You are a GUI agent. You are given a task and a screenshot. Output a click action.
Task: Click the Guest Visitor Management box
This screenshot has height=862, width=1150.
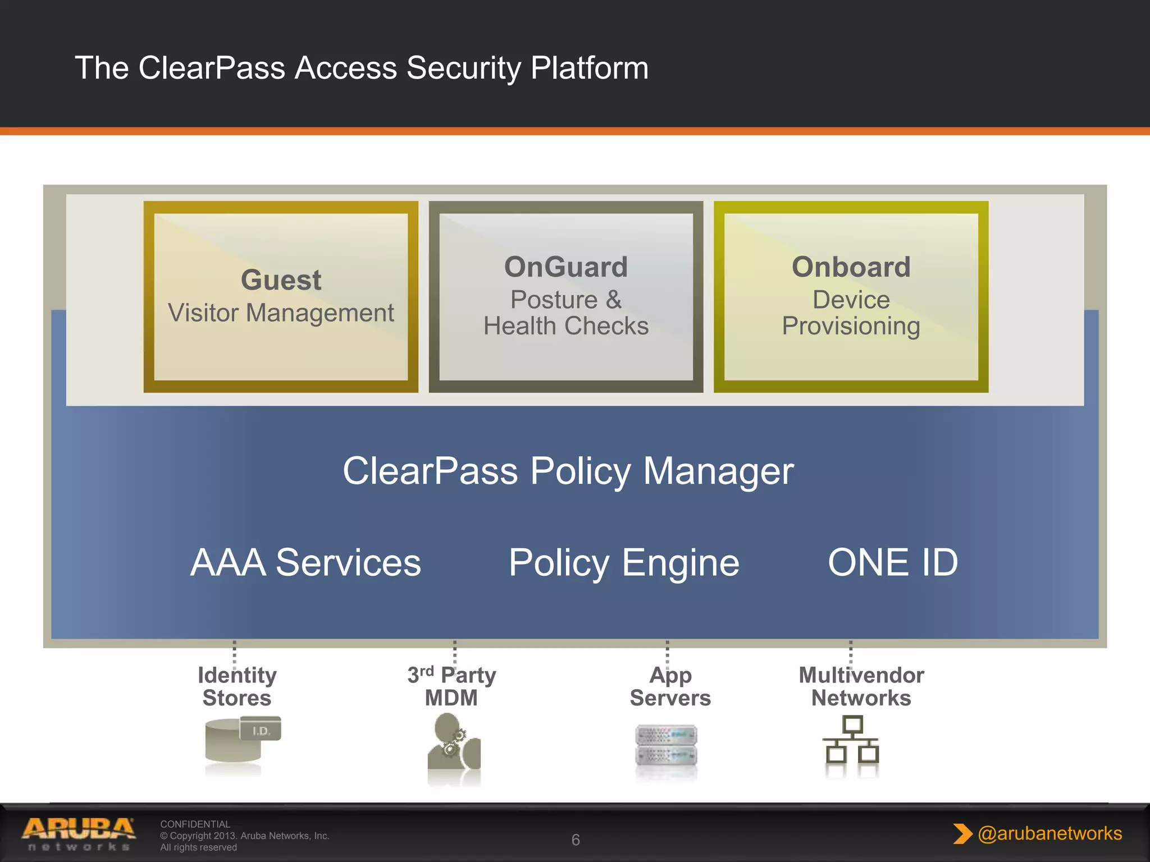coord(281,296)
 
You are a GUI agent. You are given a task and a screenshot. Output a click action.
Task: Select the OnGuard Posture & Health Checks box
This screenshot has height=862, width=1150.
coord(566,296)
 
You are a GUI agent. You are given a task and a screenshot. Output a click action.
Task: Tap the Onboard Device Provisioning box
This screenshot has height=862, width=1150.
coord(851,296)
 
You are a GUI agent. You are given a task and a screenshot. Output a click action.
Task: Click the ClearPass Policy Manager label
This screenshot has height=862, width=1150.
coord(568,471)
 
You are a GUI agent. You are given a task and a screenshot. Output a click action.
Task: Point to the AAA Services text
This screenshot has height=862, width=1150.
coord(305,562)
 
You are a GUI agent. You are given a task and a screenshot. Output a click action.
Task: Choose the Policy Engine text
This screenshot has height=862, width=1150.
coord(624,562)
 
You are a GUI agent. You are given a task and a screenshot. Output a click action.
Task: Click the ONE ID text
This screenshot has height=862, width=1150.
coord(893,562)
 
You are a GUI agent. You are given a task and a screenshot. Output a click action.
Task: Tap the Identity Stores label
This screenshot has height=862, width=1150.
coord(237,686)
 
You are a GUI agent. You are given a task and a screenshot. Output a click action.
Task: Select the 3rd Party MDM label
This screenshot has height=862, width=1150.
coord(452,686)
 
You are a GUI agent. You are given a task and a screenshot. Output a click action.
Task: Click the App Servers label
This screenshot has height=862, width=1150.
coord(670,686)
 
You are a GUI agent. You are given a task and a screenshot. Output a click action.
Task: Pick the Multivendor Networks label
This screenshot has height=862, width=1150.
coord(861,686)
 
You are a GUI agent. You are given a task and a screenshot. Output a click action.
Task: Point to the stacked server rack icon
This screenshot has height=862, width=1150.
coord(667,745)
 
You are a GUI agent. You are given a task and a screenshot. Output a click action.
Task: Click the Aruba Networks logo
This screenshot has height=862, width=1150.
coord(79,834)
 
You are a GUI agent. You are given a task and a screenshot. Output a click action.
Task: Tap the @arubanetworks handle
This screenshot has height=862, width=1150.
coord(1049,833)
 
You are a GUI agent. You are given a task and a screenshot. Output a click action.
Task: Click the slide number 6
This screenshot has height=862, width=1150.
coord(576,840)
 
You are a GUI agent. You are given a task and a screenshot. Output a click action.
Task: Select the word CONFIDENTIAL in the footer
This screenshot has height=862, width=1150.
coord(195,824)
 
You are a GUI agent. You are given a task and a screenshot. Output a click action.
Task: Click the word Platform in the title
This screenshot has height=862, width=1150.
coord(589,68)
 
